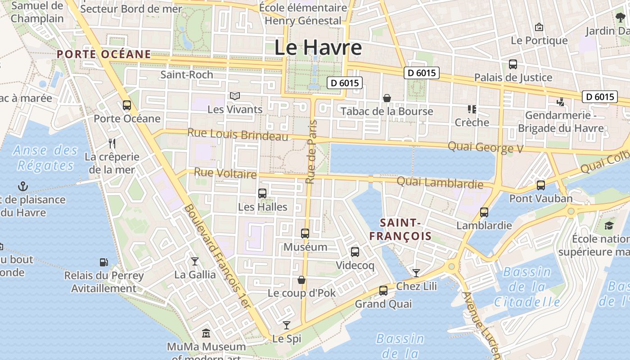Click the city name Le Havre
[x=318, y=47]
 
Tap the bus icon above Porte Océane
[x=127, y=105]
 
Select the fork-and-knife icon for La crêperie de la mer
[x=112, y=144]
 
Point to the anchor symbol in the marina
[x=22, y=186]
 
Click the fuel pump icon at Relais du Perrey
[x=103, y=262]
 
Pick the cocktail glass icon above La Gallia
[x=194, y=261]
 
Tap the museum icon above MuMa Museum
[x=206, y=333]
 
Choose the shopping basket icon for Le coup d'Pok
[x=301, y=280]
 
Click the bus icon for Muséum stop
[x=305, y=233]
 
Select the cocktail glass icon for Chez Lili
[x=416, y=273]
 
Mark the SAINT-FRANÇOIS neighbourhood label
[x=400, y=229]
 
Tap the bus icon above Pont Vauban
[x=541, y=185]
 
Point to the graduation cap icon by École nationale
[x=609, y=225]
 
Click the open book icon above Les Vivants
[x=235, y=96]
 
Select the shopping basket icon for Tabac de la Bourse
[x=387, y=98]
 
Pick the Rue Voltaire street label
[x=225, y=173]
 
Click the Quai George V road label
[x=486, y=147]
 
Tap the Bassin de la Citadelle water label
[x=527, y=287]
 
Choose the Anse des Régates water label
[x=45, y=157]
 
